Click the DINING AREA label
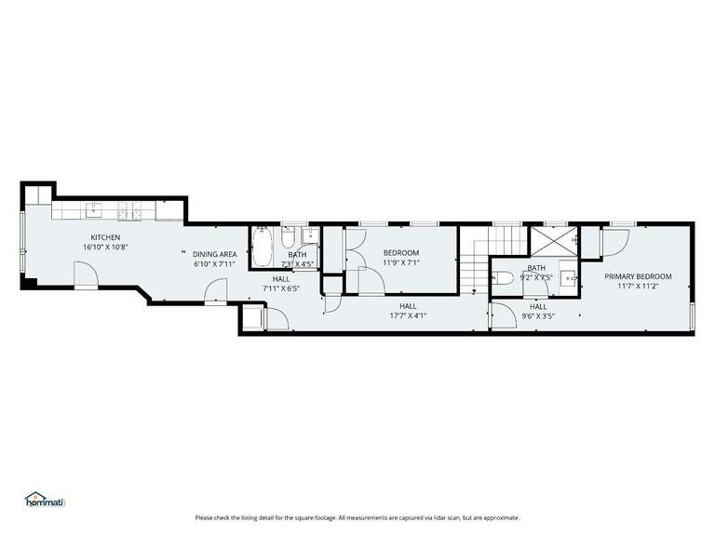click(x=214, y=254)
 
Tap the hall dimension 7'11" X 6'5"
click(x=280, y=288)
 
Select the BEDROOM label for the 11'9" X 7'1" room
click(x=401, y=253)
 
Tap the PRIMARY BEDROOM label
click(x=638, y=276)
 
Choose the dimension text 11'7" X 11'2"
click(x=638, y=287)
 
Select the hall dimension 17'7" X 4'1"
click(x=408, y=315)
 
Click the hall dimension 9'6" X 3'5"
click(x=538, y=315)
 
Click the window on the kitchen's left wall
click(x=22, y=244)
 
